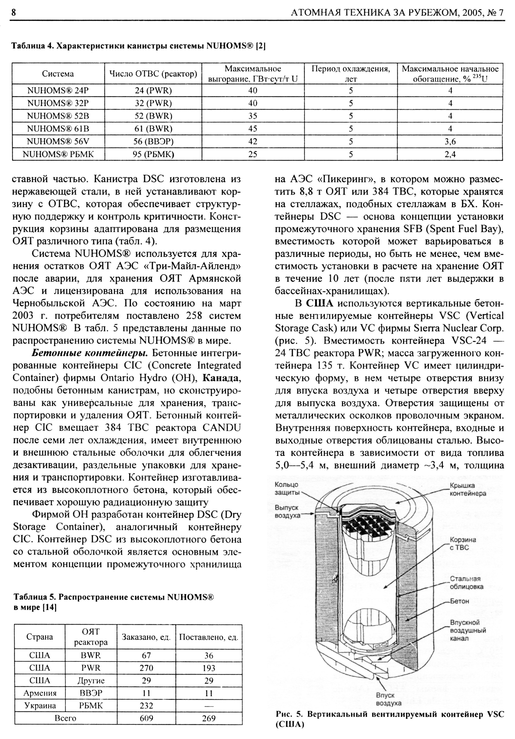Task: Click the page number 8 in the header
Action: point(14,13)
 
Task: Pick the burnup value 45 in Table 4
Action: point(253,129)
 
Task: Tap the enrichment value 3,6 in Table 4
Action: point(450,142)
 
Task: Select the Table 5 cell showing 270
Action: point(146,668)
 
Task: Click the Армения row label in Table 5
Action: point(39,693)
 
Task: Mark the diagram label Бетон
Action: point(459,601)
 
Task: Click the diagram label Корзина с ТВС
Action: point(463,543)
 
